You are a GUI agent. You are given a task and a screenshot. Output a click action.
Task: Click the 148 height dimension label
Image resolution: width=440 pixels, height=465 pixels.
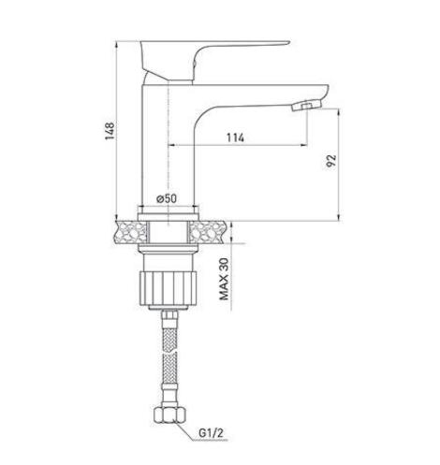[x=110, y=131]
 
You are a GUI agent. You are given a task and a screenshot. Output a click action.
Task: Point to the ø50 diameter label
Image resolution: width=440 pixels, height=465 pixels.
[x=167, y=198]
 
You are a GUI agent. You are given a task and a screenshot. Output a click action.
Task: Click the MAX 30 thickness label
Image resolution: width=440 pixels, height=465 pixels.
[x=224, y=279]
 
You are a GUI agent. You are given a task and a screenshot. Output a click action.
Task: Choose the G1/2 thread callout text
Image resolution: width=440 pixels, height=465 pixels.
[x=212, y=432]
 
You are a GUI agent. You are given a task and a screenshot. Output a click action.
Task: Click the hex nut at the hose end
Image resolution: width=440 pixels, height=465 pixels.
[x=170, y=414]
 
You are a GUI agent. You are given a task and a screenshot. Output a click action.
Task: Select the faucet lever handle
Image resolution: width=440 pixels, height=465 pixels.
[x=215, y=61]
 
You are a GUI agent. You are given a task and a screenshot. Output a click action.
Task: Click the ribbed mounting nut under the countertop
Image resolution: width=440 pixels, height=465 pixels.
[x=168, y=288]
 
